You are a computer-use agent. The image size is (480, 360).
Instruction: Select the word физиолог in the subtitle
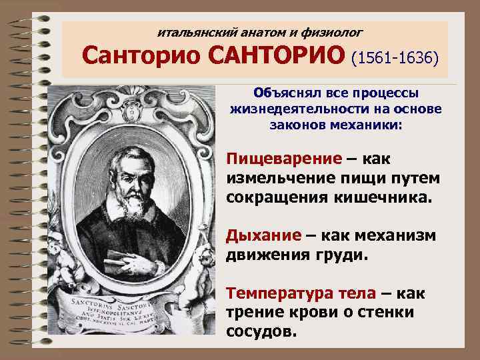335,31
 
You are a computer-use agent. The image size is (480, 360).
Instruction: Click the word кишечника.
384,198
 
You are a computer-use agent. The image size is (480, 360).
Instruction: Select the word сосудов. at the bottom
261,331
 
